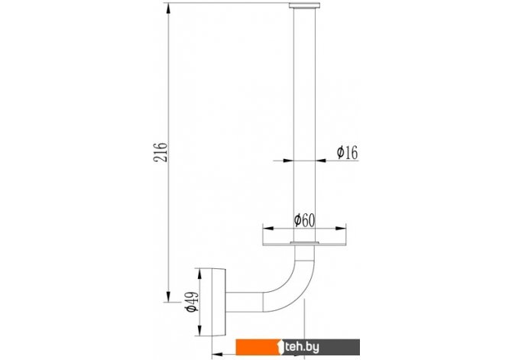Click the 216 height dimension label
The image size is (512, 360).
tap(160, 152)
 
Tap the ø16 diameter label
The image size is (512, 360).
tap(347, 153)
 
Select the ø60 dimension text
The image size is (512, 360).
tap(304, 220)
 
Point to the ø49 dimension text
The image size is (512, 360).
tap(192, 301)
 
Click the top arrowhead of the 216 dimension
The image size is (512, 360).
tap(168, 8)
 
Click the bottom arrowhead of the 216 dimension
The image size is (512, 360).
tap(168, 297)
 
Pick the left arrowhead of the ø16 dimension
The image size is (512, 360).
tap(288, 161)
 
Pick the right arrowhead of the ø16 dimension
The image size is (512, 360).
tap(321, 161)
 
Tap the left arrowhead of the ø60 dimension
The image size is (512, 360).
tap(268, 228)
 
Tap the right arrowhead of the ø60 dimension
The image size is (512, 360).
tap(341, 228)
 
